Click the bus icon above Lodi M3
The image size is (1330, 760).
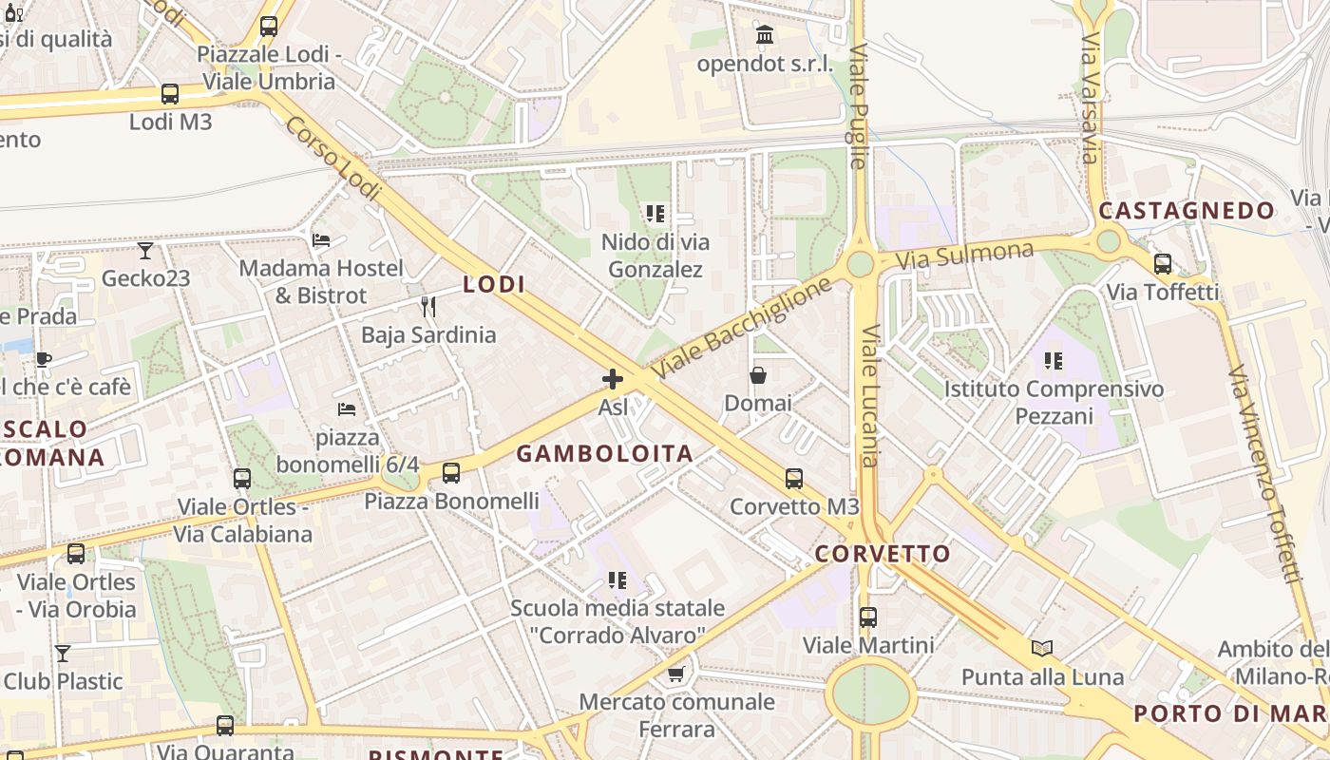170,94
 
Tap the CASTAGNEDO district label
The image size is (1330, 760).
1187,211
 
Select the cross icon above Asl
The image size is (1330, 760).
613,380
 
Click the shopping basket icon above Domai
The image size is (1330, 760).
758,375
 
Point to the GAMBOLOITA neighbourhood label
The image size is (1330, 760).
605,454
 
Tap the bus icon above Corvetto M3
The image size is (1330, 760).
794,479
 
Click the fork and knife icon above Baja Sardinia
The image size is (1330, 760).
428,307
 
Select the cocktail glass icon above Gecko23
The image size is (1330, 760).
145,251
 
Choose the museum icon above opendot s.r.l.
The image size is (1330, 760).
765,36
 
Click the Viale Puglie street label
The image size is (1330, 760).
859,105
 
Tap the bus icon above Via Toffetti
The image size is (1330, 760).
1162,264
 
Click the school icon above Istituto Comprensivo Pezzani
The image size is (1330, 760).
1054,361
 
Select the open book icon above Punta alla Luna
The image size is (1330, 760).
1042,649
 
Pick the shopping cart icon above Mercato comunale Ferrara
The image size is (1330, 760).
676,674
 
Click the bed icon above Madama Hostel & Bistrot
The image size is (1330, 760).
321,240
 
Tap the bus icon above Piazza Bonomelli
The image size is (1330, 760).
451,472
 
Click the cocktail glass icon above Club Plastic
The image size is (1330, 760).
63,654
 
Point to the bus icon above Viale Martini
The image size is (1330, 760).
868,617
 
